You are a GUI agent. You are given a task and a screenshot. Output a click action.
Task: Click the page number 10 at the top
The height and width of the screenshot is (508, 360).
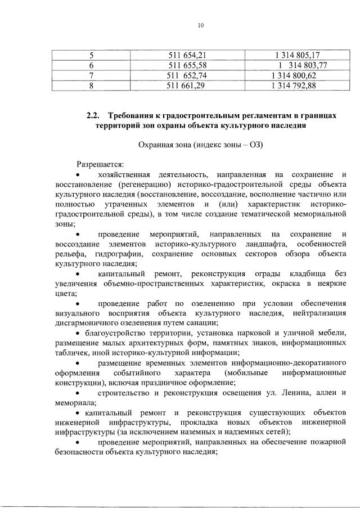click(201, 25)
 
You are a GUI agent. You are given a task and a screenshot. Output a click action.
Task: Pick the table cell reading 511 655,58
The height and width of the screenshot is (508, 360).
click(188, 66)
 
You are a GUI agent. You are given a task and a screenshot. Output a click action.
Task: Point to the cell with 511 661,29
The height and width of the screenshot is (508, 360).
click(188, 86)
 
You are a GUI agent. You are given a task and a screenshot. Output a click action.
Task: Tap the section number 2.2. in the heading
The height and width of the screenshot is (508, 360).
click(93, 115)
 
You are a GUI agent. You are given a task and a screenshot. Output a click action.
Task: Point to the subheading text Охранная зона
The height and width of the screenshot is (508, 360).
click(164, 145)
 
